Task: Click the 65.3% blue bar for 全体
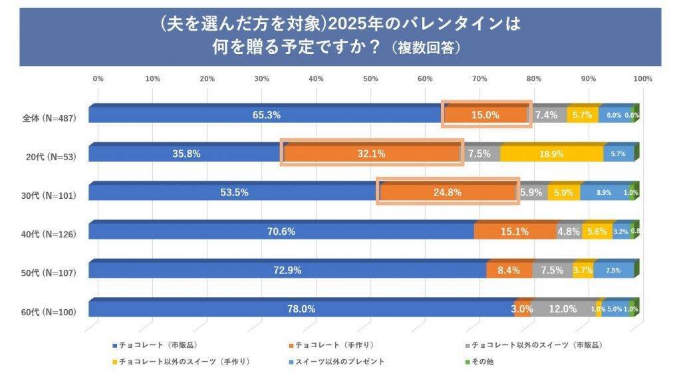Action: (266, 115)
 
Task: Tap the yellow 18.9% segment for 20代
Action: (551, 154)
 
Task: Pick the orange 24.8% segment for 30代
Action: (448, 192)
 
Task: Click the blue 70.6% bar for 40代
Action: (281, 231)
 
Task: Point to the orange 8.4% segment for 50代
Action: (509, 270)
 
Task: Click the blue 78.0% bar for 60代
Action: (301, 309)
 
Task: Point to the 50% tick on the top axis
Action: (370, 78)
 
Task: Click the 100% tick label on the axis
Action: (642, 78)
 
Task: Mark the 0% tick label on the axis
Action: (98, 78)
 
